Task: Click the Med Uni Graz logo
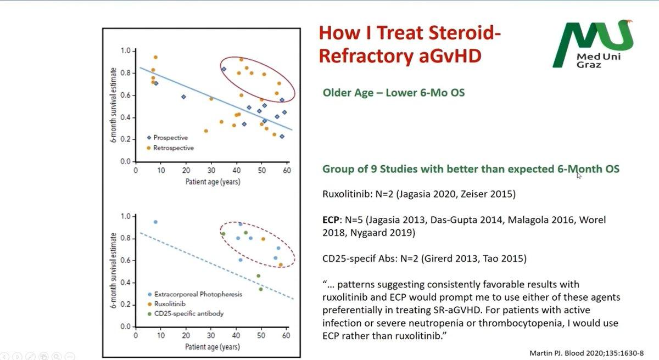pyautogui.click(x=593, y=44)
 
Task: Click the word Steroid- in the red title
pyautogui.click(x=465, y=32)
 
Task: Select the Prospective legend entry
pyautogui.click(x=167, y=138)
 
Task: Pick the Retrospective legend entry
pyautogui.click(x=170, y=148)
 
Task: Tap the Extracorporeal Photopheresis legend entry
pyautogui.click(x=195, y=294)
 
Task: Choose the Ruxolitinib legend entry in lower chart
pyautogui.click(x=166, y=304)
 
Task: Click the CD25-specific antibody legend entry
pyautogui.click(x=186, y=313)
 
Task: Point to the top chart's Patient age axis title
pyautogui.click(x=213, y=182)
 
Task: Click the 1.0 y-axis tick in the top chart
pyautogui.click(x=126, y=51)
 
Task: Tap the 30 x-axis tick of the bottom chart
pyautogui.click(x=211, y=335)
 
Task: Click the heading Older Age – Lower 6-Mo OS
pyautogui.click(x=394, y=93)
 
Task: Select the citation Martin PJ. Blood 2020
pyautogui.click(x=587, y=353)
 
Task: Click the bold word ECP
pyautogui.click(x=331, y=220)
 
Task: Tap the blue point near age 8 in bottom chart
pyautogui.click(x=155, y=222)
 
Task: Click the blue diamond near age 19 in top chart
pyautogui.click(x=183, y=97)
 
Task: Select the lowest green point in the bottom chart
pyautogui.click(x=261, y=289)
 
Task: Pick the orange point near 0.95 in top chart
pyautogui.click(x=155, y=57)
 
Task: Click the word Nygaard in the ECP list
pyautogui.click(x=368, y=233)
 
